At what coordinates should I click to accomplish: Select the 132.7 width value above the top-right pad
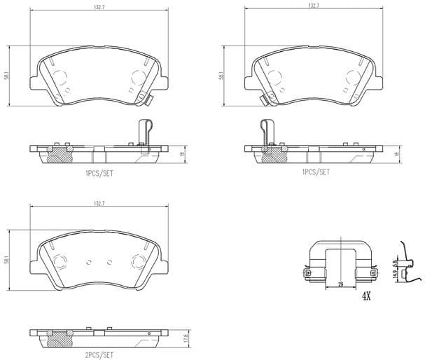[x=313, y=6]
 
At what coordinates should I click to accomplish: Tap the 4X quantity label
[x=365, y=297]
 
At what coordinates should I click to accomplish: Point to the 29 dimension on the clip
[x=340, y=283]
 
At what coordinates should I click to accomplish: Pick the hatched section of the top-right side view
[x=272, y=155]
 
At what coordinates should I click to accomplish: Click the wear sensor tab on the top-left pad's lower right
[x=149, y=100]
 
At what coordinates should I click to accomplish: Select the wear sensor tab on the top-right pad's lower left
[x=262, y=100]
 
